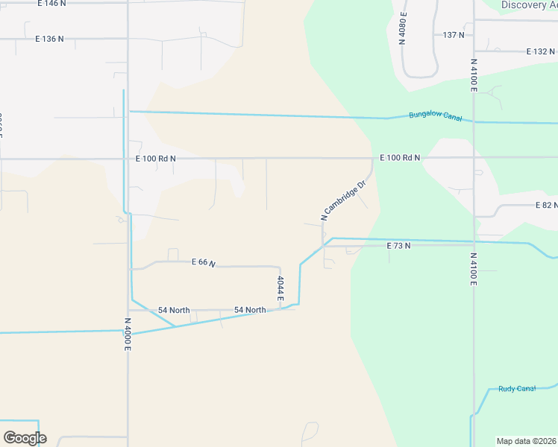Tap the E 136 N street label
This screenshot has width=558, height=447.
click(x=49, y=38)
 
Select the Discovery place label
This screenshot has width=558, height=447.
click(x=529, y=5)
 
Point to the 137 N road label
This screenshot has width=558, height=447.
click(x=454, y=35)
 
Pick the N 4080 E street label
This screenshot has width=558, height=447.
click(x=403, y=28)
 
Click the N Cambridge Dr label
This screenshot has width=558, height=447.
click(x=344, y=200)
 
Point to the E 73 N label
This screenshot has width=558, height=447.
click(x=398, y=245)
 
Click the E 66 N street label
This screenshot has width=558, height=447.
click(x=203, y=262)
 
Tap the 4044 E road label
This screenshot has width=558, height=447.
click(x=280, y=288)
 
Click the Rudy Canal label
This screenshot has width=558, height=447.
click(x=517, y=389)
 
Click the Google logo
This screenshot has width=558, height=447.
click(x=25, y=438)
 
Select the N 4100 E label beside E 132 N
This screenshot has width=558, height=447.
click(x=474, y=75)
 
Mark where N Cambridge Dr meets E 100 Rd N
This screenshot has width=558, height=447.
click(x=372, y=158)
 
